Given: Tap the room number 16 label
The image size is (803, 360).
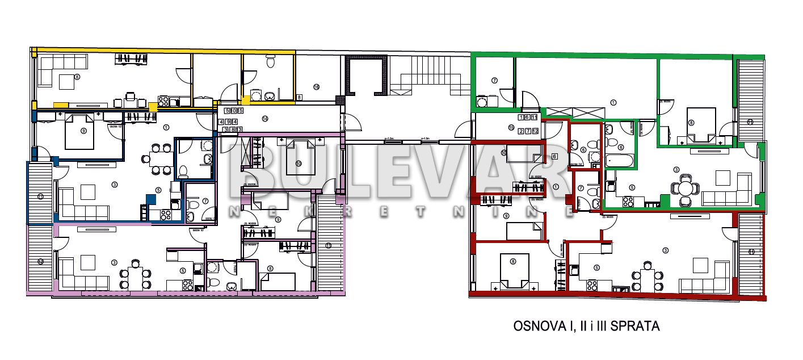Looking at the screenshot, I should [316, 87].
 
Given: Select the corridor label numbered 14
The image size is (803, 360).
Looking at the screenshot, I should [264, 119].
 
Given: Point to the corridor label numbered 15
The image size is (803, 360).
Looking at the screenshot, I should [511, 128].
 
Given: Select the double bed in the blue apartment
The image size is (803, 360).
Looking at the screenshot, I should [83, 132].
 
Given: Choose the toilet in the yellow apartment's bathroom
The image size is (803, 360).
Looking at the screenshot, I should [270, 61].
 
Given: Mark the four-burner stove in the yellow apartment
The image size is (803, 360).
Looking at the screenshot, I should [163, 101].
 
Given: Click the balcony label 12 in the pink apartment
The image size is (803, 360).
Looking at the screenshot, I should [40, 261].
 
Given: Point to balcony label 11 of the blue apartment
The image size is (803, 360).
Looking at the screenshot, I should [40, 197].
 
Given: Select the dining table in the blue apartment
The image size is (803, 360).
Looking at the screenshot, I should [159, 158].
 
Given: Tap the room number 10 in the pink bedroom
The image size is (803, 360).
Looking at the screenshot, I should [298, 164].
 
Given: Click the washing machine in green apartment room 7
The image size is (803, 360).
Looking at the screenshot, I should [483, 102].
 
